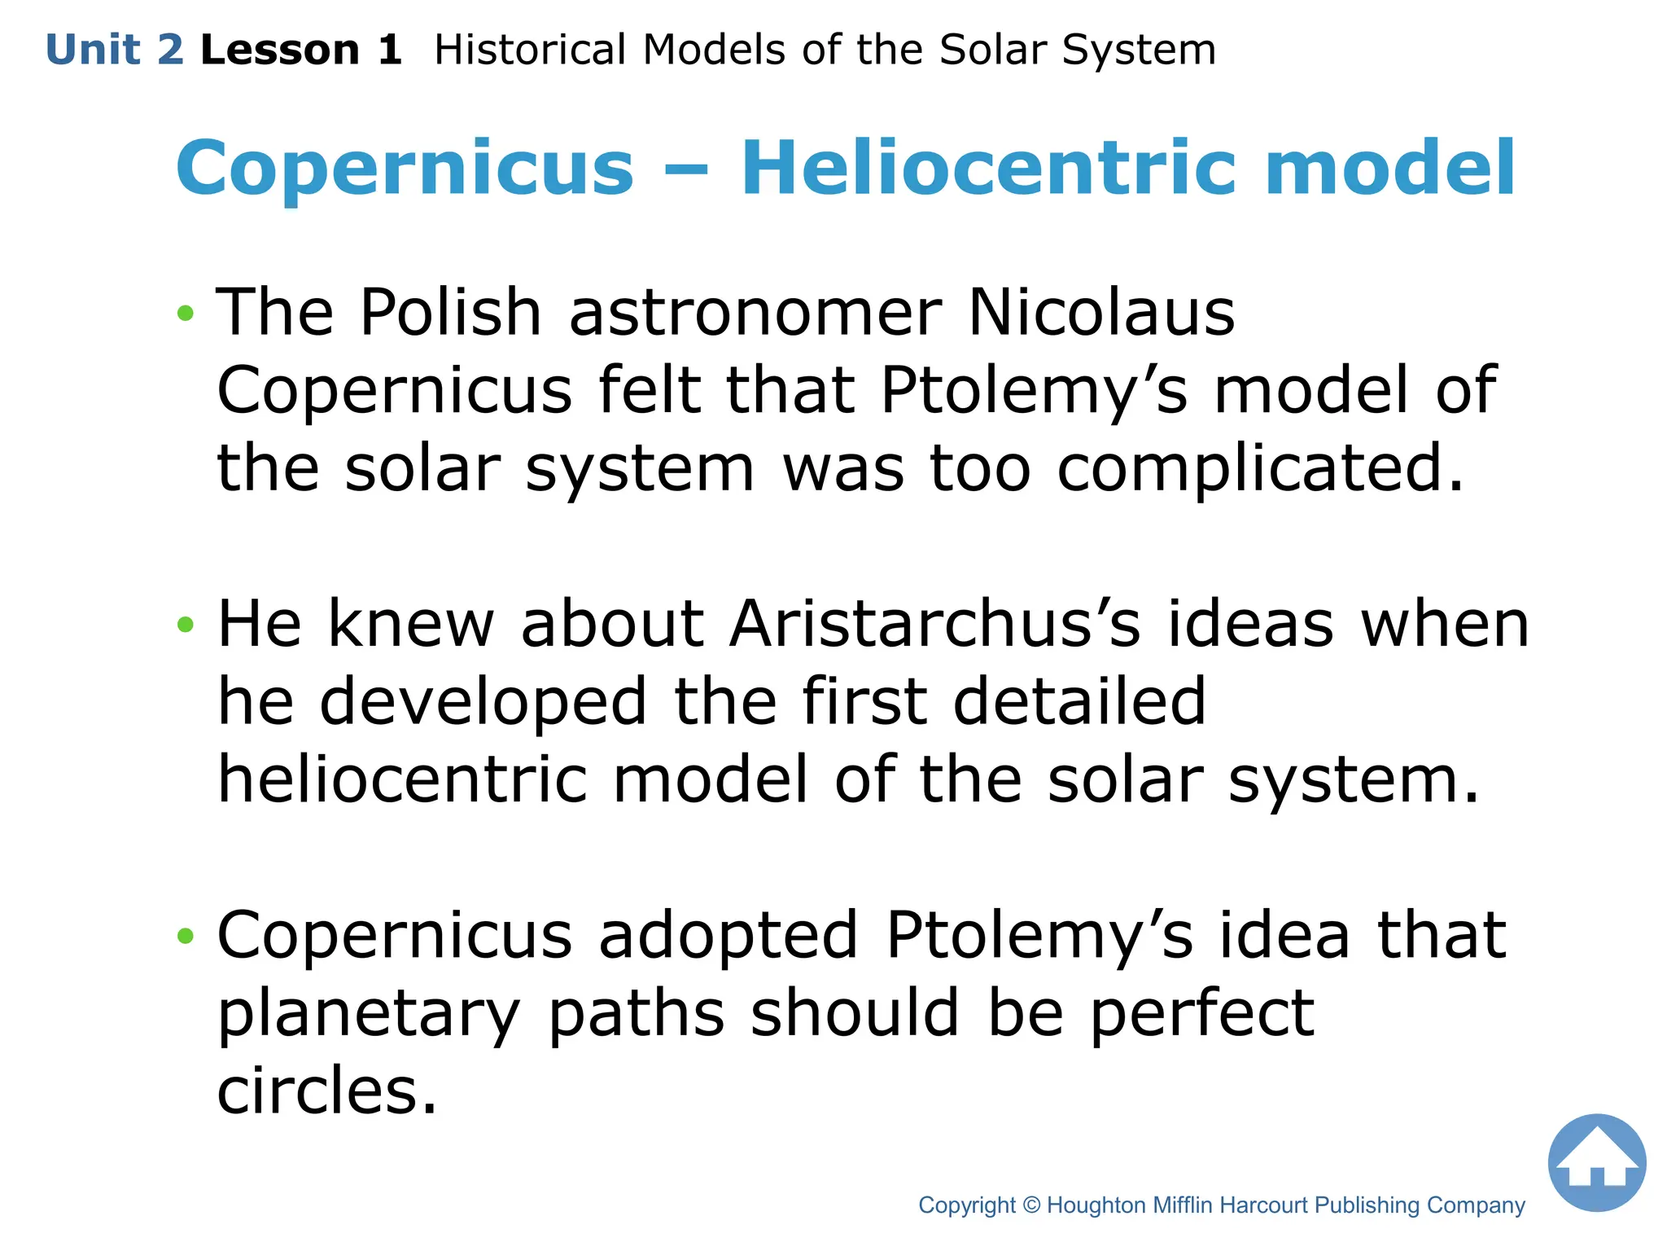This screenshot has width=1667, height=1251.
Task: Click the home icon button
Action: click(x=1596, y=1162)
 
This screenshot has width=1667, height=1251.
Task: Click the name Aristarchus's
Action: click(x=935, y=624)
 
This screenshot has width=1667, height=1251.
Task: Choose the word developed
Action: click(x=483, y=702)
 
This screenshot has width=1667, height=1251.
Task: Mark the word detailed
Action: click(x=1079, y=702)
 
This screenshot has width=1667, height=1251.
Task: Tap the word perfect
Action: click(x=1201, y=1015)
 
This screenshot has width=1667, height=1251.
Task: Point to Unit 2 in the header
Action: click(x=115, y=50)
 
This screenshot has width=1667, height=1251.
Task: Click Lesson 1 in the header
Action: click(x=301, y=50)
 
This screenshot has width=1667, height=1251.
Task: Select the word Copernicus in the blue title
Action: click(x=405, y=169)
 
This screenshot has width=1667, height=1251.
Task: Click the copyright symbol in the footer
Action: click(x=1031, y=1205)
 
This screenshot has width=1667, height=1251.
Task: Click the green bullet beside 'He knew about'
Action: click(x=186, y=625)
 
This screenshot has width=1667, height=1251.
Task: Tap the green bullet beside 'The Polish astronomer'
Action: click(x=186, y=313)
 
